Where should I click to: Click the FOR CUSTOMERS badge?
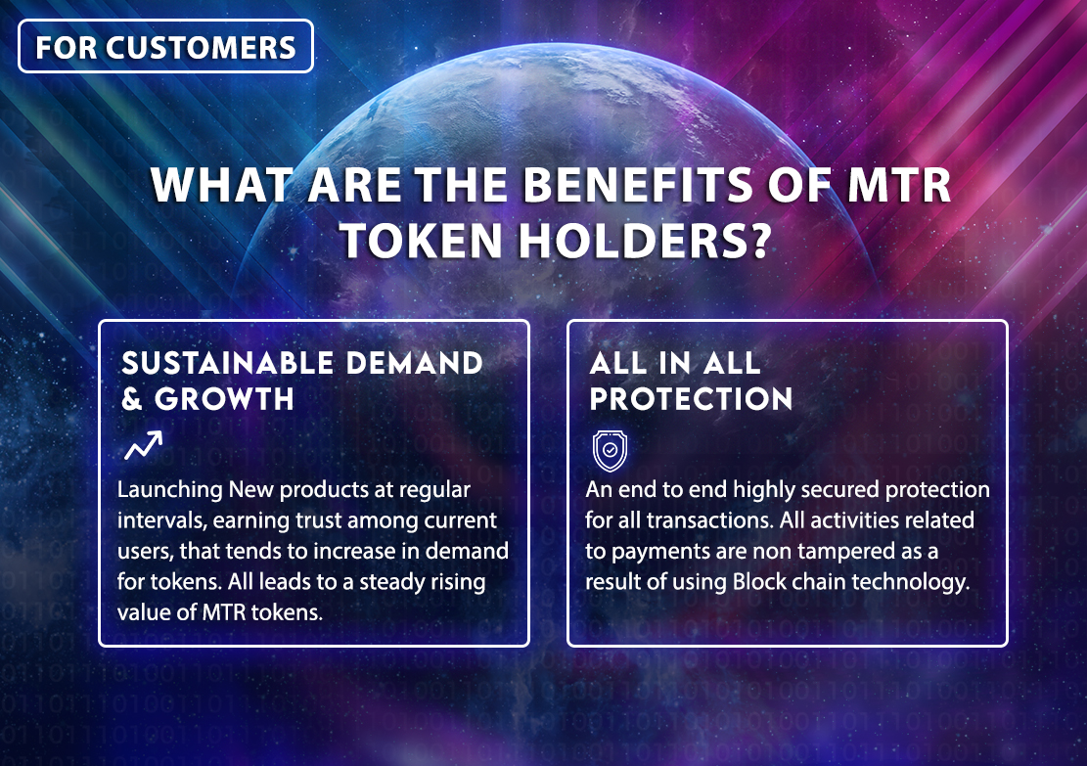click(165, 46)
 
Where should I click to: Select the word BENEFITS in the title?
click(637, 185)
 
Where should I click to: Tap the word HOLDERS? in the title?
click(645, 241)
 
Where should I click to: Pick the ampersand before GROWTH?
click(132, 399)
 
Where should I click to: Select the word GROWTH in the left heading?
click(224, 399)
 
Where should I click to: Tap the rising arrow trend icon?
click(144, 445)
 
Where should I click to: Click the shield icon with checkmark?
click(611, 451)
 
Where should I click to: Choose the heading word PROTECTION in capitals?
click(691, 399)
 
